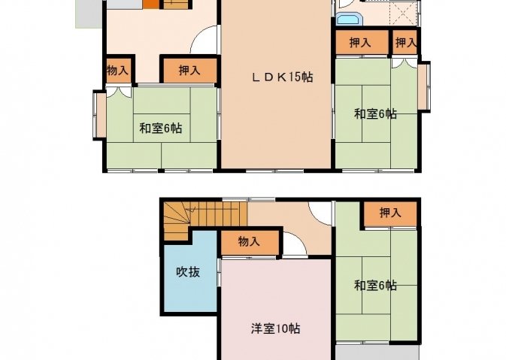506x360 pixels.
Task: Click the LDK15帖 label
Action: (x=282, y=77)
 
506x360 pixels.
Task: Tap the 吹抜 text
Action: (x=188, y=272)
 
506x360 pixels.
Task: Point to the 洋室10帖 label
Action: (x=276, y=328)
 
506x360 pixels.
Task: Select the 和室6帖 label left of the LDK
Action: (x=161, y=129)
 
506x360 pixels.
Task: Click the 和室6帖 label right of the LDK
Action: (x=376, y=114)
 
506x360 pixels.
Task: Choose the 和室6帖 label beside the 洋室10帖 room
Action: (x=376, y=286)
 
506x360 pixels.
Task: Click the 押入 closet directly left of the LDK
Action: (x=189, y=70)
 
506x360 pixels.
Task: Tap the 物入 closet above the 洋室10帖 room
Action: (x=250, y=242)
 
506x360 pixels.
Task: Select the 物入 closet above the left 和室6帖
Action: (x=119, y=70)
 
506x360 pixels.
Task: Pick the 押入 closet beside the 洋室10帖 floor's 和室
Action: (x=390, y=213)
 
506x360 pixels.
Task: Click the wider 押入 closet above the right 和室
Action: (x=362, y=42)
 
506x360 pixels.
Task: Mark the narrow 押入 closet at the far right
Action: (x=405, y=42)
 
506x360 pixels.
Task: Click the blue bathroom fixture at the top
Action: (x=349, y=19)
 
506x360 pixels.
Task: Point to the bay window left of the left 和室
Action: (x=100, y=115)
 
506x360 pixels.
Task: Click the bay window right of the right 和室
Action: (x=424, y=86)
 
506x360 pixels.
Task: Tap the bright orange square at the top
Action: (x=151, y=5)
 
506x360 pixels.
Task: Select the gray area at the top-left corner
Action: (x=89, y=14)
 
